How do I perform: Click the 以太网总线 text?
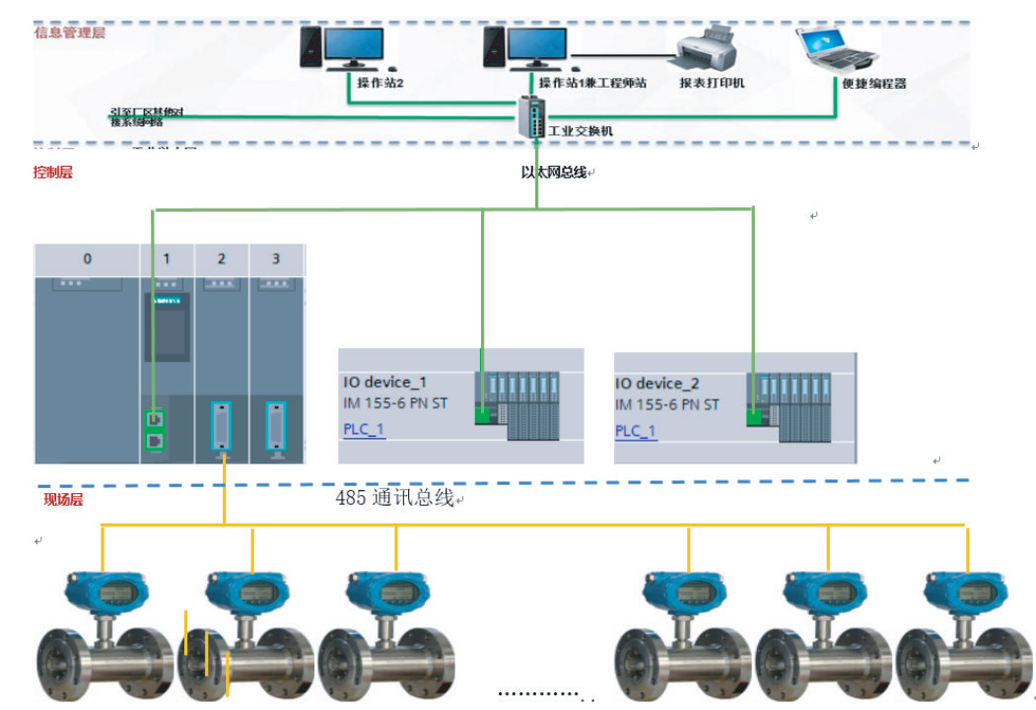pyautogui.click(x=554, y=173)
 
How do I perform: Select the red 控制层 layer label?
pyautogui.click(x=53, y=173)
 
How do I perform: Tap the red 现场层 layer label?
pyautogui.click(x=63, y=500)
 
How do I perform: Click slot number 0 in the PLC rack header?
pyautogui.click(x=88, y=258)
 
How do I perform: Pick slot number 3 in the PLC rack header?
pyautogui.click(x=276, y=258)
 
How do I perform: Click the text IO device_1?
pyautogui.click(x=385, y=383)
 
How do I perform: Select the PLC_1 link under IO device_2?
pyautogui.click(x=636, y=431)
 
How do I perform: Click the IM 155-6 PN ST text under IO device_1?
pyautogui.click(x=394, y=405)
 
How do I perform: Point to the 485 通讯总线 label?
pyautogui.click(x=394, y=499)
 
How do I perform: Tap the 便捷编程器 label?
pyautogui.click(x=873, y=84)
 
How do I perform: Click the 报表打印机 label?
pyautogui.click(x=712, y=83)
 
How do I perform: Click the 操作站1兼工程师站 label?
pyautogui.click(x=592, y=83)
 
